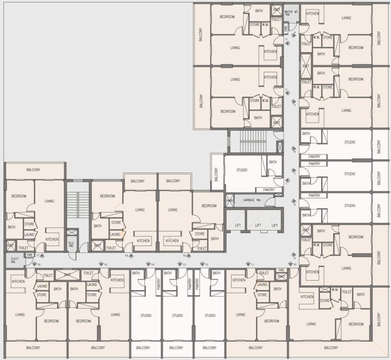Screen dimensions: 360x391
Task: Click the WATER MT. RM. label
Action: tap(291, 12)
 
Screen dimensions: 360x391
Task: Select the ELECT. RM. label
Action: tap(13, 262)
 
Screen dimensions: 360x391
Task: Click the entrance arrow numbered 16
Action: tap(34, 264)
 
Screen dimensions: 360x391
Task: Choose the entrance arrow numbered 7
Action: tap(292, 171)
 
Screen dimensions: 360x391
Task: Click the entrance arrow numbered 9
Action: tap(292, 256)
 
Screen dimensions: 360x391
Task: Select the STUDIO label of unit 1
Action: tap(242, 170)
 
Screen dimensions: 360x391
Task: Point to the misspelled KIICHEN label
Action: tap(173, 240)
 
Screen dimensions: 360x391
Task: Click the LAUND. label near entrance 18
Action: tap(116, 234)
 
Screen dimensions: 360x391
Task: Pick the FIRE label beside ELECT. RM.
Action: tap(29, 255)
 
